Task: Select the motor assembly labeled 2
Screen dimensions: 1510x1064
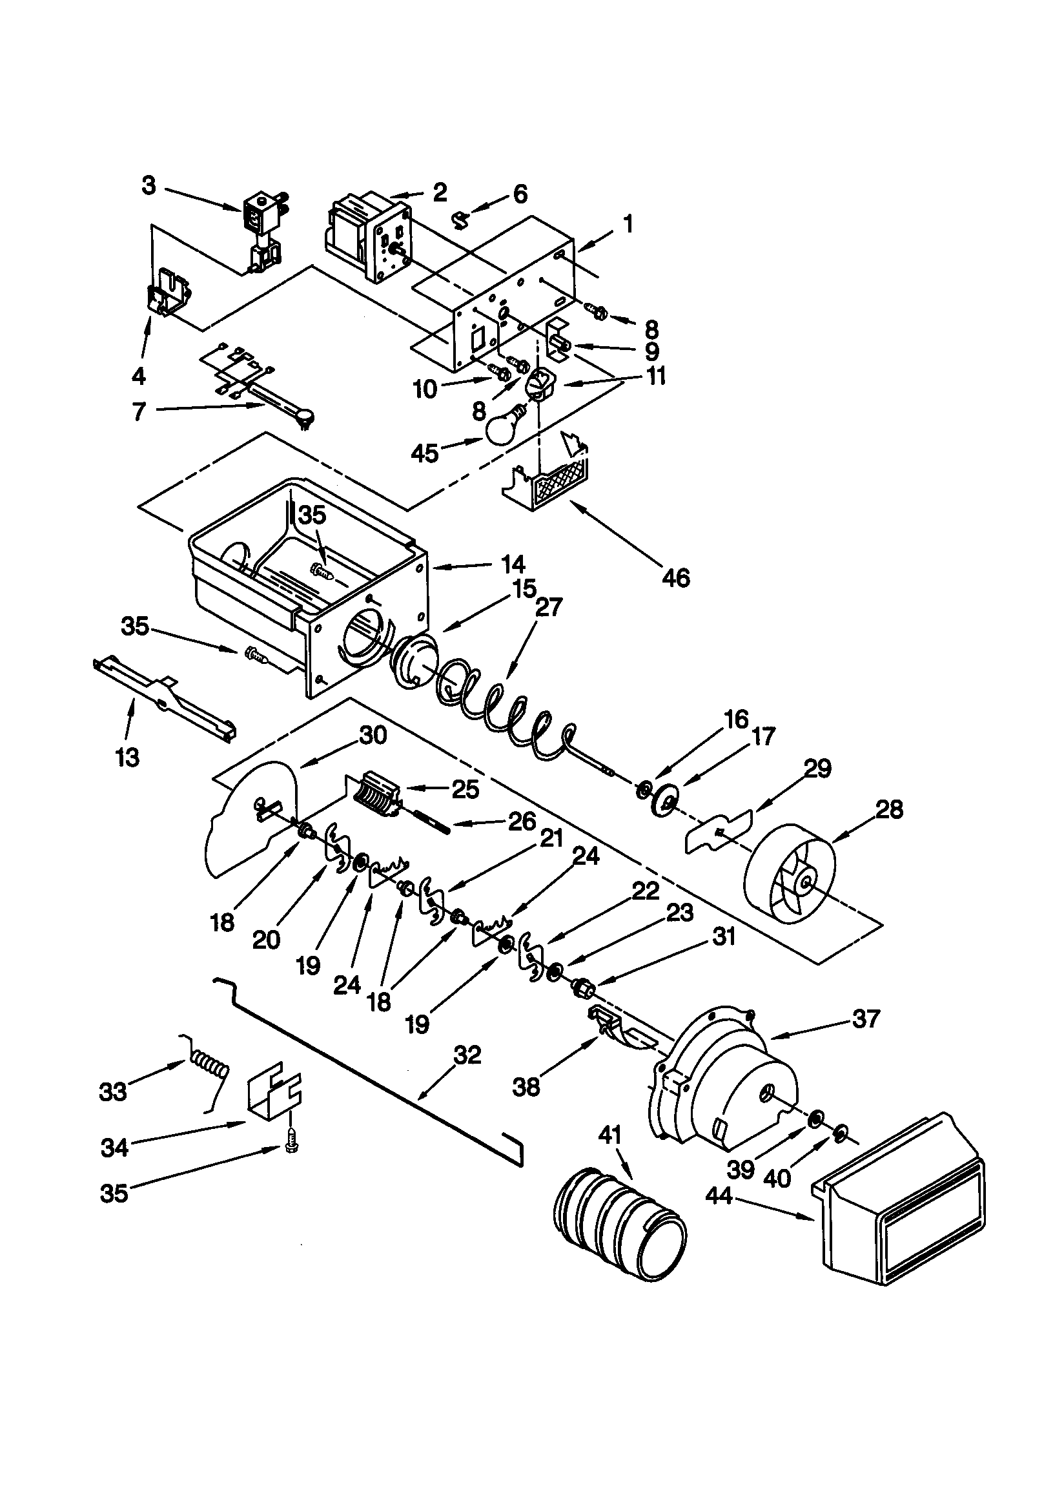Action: click(368, 238)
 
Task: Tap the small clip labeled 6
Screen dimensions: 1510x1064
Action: click(463, 216)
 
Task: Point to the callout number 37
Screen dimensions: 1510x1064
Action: click(866, 1019)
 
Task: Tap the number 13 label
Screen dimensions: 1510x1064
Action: click(128, 758)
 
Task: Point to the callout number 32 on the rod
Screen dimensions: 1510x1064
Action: click(467, 1055)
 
